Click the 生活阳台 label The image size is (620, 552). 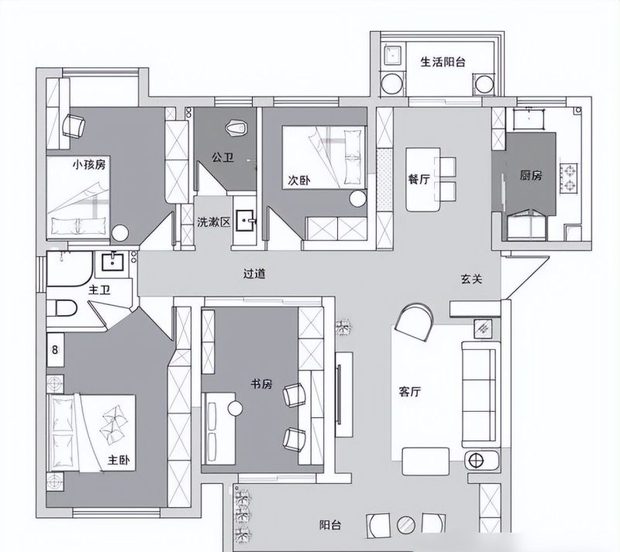click(x=443, y=62)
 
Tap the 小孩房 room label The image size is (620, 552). click(x=89, y=164)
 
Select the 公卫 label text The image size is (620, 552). click(x=222, y=158)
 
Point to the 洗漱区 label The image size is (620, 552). click(x=214, y=222)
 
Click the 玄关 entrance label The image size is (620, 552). click(x=472, y=279)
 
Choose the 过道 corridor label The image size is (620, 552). click(x=254, y=273)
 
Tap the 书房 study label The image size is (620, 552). click(x=262, y=384)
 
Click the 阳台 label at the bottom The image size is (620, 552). click(x=330, y=525)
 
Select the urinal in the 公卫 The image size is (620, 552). click(x=236, y=128)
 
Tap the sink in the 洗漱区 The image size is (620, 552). click(x=246, y=221)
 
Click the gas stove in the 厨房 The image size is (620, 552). click(x=570, y=177)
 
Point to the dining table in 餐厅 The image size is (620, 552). click(x=422, y=180)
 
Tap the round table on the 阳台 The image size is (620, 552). click(x=405, y=525)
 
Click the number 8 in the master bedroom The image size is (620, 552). click(x=55, y=350)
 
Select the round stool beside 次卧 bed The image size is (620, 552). click(x=358, y=199)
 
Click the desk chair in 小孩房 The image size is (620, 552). click(x=74, y=126)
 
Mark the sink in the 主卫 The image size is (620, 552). click(x=113, y=262)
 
